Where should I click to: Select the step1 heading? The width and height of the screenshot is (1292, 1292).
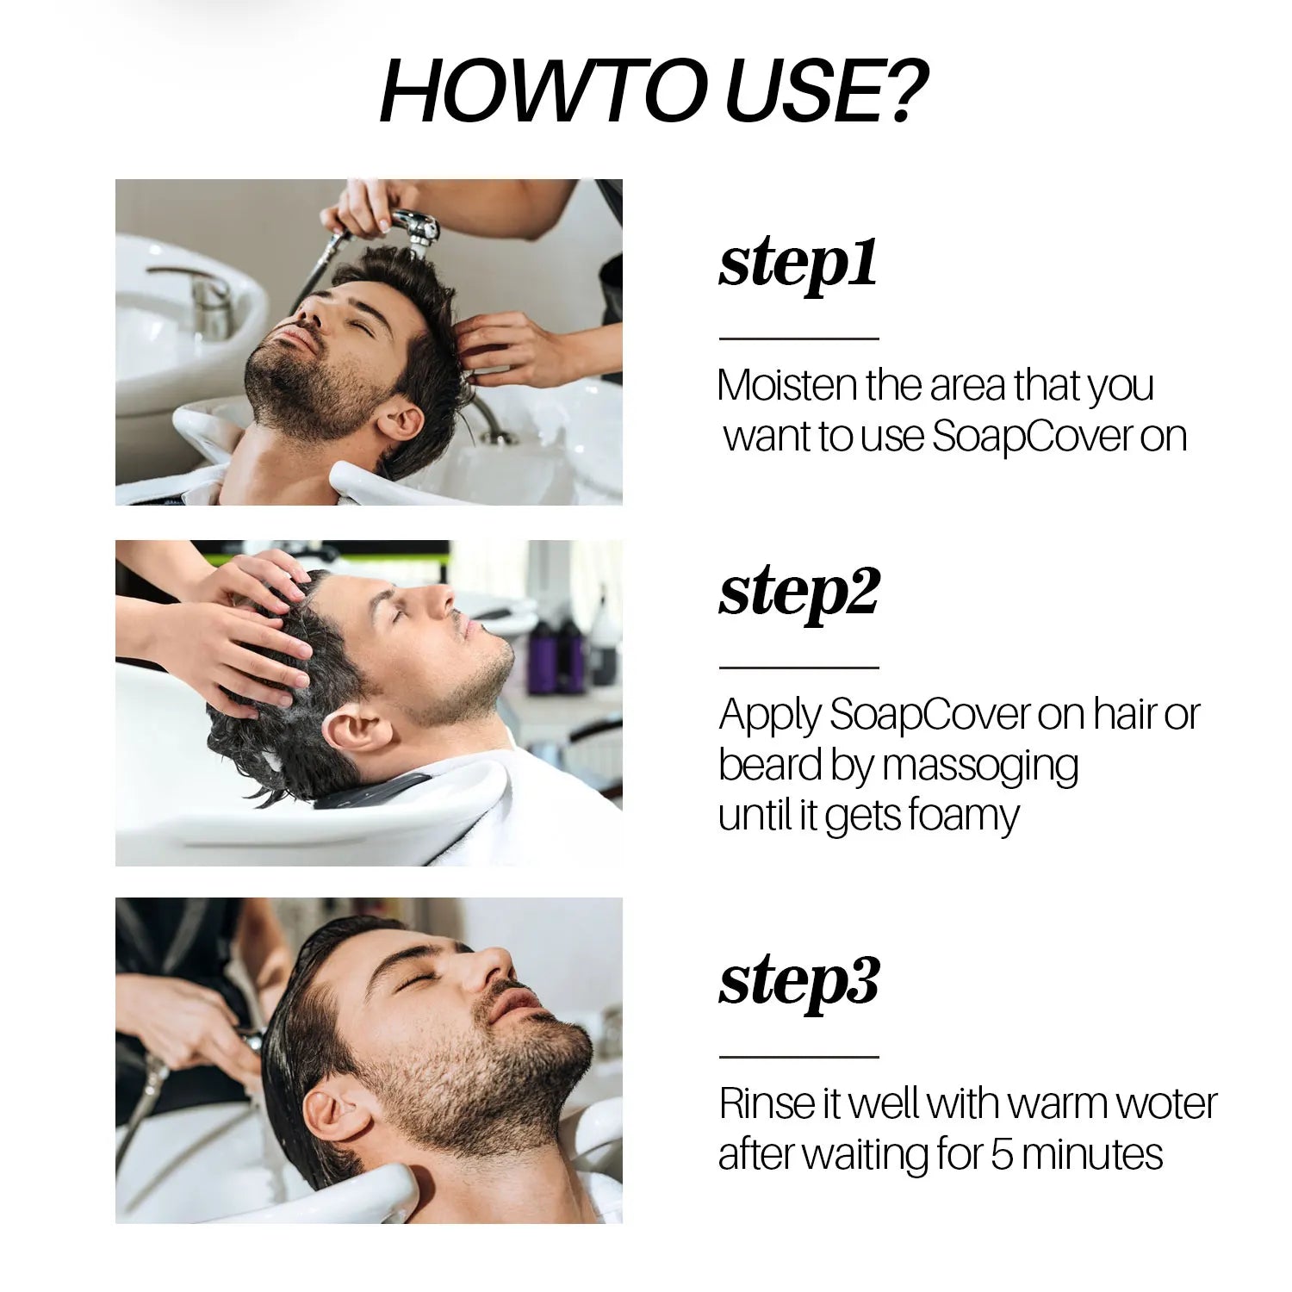point(798,265)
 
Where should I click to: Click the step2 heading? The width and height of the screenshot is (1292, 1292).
point(798,594)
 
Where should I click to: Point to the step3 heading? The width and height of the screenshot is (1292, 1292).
point(798,983)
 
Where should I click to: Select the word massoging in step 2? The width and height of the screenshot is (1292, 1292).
point(980,767)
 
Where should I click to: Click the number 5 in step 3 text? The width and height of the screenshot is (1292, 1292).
point(1001,1155)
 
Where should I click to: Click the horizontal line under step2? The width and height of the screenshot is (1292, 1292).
point(798,668)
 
